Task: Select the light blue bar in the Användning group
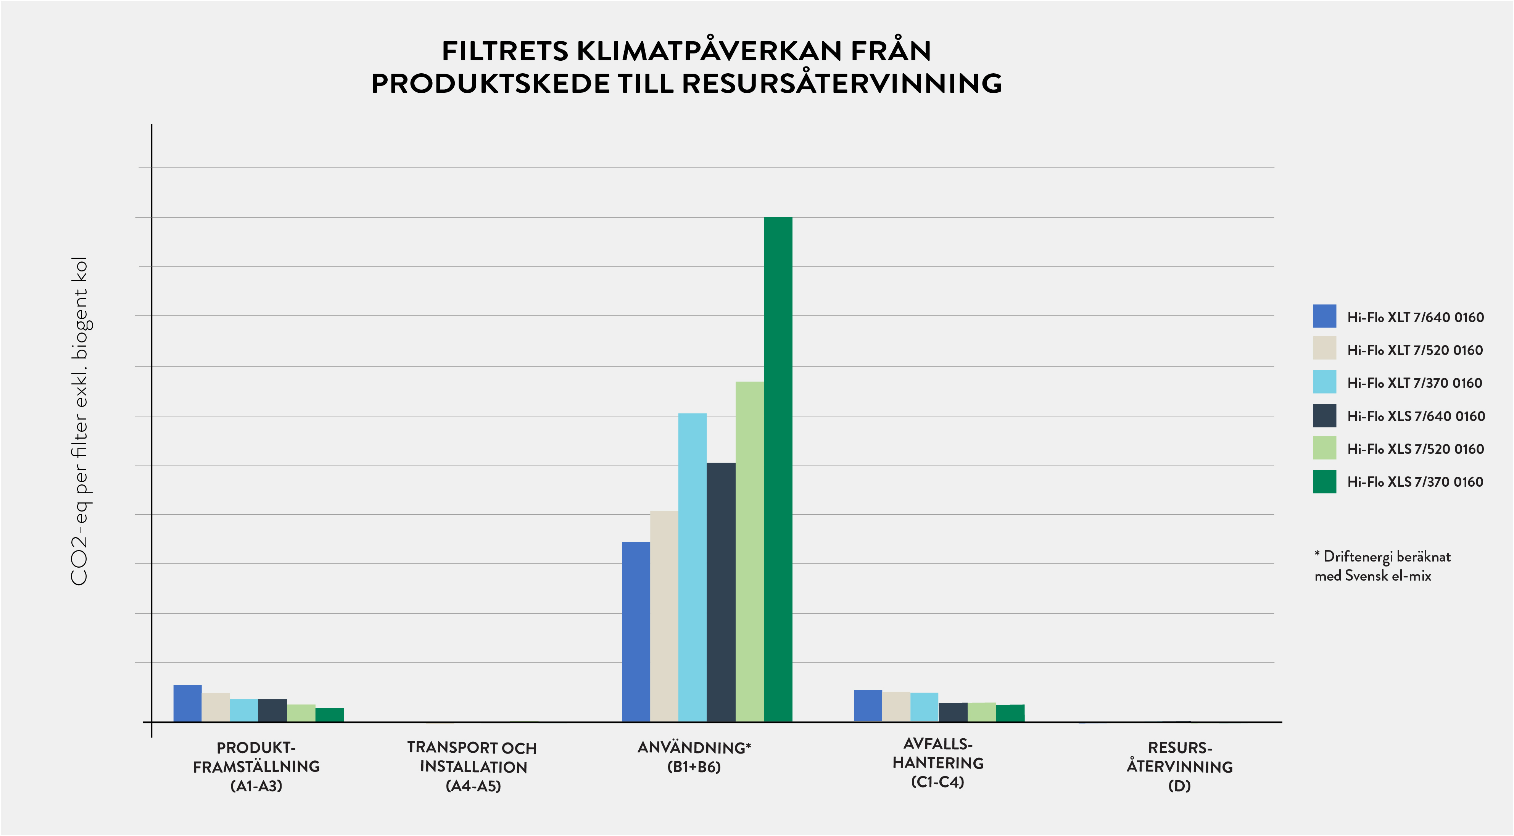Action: pyautogui.click(x=693, y=567)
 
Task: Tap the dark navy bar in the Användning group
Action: pyautogui.click(x=720, y=592)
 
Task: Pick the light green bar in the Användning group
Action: pyautogui.click(x=749, y=552)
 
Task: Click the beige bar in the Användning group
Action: pyautogui.click(x=664, y=616)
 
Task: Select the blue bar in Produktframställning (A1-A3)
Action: pyautogui.click(x=187, y=703)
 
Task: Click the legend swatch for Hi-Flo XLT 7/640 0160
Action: pyautogui.click(x=1324, y=316)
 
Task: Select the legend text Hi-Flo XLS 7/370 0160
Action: pyautogui.click(x=1415, y=482)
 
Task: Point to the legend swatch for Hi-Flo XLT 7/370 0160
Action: pyautogui.click(x=1324, y=382)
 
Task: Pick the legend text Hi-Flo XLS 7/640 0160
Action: pyautogui.click(x=1415, y=416)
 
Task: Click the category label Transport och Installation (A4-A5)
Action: pyautogui.click(x=472, y=766)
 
